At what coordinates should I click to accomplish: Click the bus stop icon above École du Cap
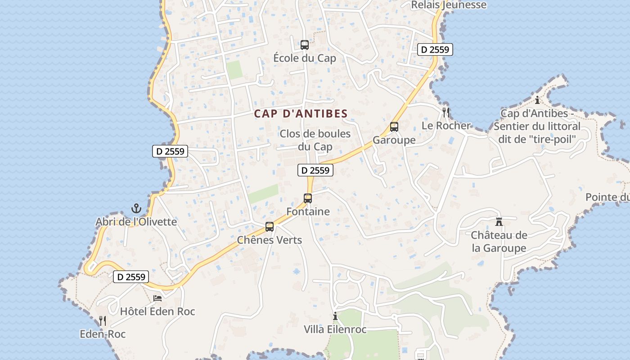[x=305, y=45]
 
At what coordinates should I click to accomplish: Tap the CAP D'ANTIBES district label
[x=301, y=114]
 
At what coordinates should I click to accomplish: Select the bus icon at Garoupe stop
[x=394, y=127]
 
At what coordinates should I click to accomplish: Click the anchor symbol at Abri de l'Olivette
[x=136, y=208]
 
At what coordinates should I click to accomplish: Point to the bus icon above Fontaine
[x=308, y=198]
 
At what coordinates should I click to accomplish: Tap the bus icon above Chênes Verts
[x=270, y=227]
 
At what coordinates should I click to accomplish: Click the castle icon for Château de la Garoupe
[x=499, y=222]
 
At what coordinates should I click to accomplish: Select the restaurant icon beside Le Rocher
[x=446, y=112]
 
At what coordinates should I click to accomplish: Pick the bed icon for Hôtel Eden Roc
[x=157, y=298]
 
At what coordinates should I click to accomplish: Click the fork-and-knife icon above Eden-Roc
[x=103, y=321]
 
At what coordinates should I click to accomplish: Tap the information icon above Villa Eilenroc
[x=335, y=316]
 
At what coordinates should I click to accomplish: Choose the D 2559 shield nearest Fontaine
[x=315, y=170]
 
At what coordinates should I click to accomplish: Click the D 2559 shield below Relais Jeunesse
[x=435, y=49]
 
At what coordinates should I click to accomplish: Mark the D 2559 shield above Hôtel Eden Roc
[x=130, y=277]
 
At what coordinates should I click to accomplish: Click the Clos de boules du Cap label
[x=315, y=140]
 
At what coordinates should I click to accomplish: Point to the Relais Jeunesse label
[x=449, y=5]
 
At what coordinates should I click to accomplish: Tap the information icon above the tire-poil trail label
[x=537, y=100]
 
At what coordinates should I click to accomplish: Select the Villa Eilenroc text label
[x=335, y=329]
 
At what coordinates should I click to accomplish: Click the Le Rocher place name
[x=446, y=126]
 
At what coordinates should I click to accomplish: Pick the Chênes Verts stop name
[x=270, y=240]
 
